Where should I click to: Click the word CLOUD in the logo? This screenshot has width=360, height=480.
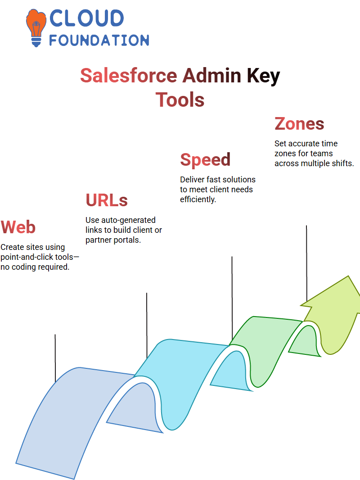tap(86, 18)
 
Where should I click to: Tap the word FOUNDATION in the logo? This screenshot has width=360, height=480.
tap(99, 41)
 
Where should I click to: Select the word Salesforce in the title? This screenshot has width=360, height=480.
tap(129, 76)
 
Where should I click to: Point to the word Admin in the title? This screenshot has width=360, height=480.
tap(212, 76)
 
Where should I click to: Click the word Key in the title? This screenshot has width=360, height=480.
tap(263, 77)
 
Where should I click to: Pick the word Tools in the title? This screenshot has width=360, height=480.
tap(180, 100)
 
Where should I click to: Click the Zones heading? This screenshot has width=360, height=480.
tap(299, 124)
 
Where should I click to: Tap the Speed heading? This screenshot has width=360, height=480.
tap(205, 160)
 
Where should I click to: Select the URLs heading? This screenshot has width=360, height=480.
tap(107, 200)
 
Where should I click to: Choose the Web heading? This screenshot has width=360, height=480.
tap(18, 227)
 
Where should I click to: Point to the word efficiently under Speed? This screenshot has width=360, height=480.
tap(198, 199)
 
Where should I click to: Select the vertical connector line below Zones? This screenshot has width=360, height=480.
tap(306, 263)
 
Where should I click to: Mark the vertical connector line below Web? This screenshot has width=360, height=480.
tap(55, 358)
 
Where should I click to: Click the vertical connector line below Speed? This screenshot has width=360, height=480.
tap(232, 298)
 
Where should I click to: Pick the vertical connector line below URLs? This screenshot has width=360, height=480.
tap(147, 326)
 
